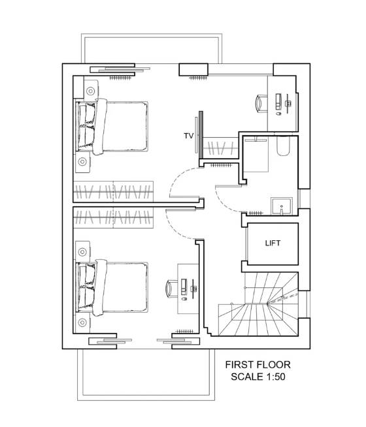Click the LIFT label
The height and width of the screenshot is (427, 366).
click(273, 243)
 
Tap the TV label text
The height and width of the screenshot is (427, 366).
click(189, 136)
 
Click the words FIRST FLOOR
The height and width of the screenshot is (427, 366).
click(258, 364)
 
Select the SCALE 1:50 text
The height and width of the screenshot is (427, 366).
click(258, 377)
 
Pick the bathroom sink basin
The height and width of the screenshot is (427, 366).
click(281, 207)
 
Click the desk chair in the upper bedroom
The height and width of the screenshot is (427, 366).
click(261, 103)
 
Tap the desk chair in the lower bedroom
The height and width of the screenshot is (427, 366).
click(172, 289)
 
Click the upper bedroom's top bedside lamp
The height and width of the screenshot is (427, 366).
click(90, 91)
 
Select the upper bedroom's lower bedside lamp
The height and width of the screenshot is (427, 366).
click(82, 162)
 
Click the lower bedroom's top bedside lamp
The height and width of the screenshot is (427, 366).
click(82, 252)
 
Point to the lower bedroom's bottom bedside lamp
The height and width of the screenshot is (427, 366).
click(82, 323)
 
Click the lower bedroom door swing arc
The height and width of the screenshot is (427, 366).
click(175, 227)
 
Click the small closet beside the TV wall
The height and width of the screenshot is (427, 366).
click(221, 148)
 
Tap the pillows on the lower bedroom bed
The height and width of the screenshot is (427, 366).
click(87, 289)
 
